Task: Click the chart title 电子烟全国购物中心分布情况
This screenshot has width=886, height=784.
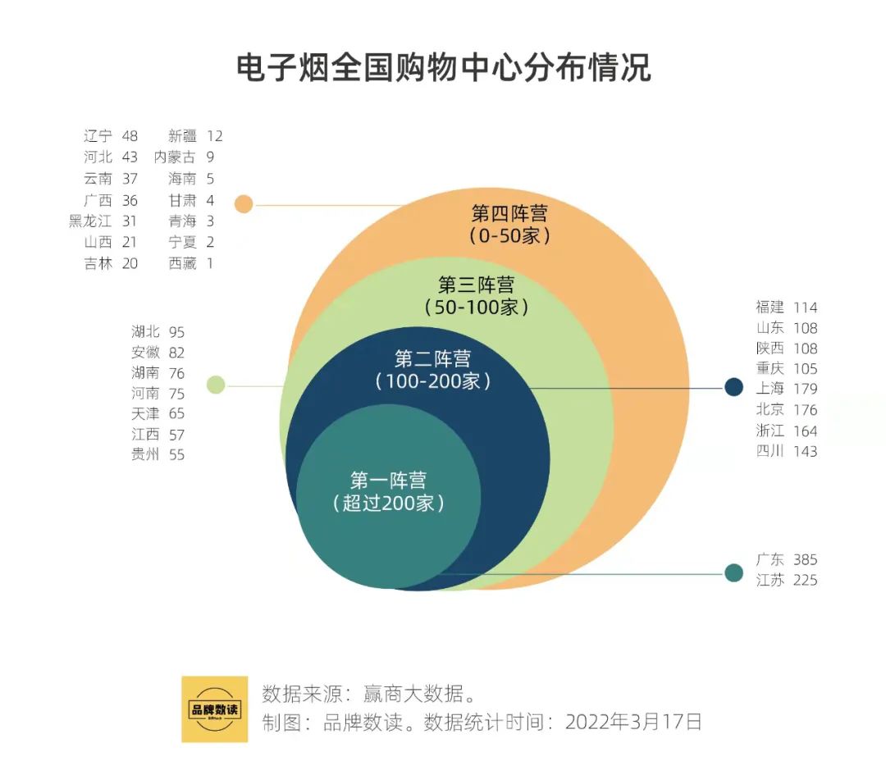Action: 443,67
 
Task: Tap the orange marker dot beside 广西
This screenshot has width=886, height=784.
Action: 244,204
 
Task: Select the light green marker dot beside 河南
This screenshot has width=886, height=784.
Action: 216,385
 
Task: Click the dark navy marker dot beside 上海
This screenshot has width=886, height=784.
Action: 733,387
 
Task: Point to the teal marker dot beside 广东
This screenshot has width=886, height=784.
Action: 733,572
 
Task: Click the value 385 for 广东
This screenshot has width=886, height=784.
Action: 805,560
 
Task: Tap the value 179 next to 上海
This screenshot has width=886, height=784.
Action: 805,389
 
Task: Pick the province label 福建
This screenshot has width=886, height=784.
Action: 770,308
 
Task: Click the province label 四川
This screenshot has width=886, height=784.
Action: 770,451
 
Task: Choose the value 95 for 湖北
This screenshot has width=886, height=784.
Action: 176,332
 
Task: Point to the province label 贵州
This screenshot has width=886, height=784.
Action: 145,455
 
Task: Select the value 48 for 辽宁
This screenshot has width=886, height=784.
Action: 130,136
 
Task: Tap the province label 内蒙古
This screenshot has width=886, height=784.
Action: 175,157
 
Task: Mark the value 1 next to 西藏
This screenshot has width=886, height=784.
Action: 210,264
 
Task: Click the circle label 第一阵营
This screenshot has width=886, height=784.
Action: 388,480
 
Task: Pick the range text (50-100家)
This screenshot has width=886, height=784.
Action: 476,308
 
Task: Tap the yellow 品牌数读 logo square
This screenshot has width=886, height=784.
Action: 214,709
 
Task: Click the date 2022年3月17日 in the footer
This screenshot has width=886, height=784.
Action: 634,722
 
